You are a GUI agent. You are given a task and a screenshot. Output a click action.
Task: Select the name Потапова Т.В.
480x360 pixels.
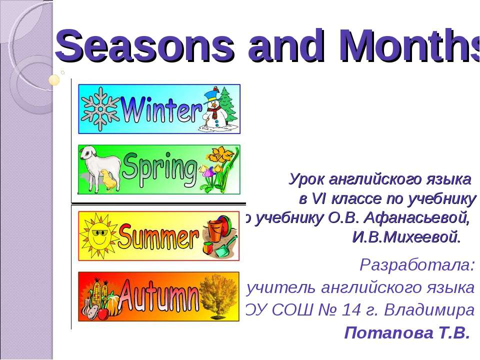(407, 332)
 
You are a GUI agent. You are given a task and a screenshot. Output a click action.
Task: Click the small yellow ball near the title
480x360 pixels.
(54, 79)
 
